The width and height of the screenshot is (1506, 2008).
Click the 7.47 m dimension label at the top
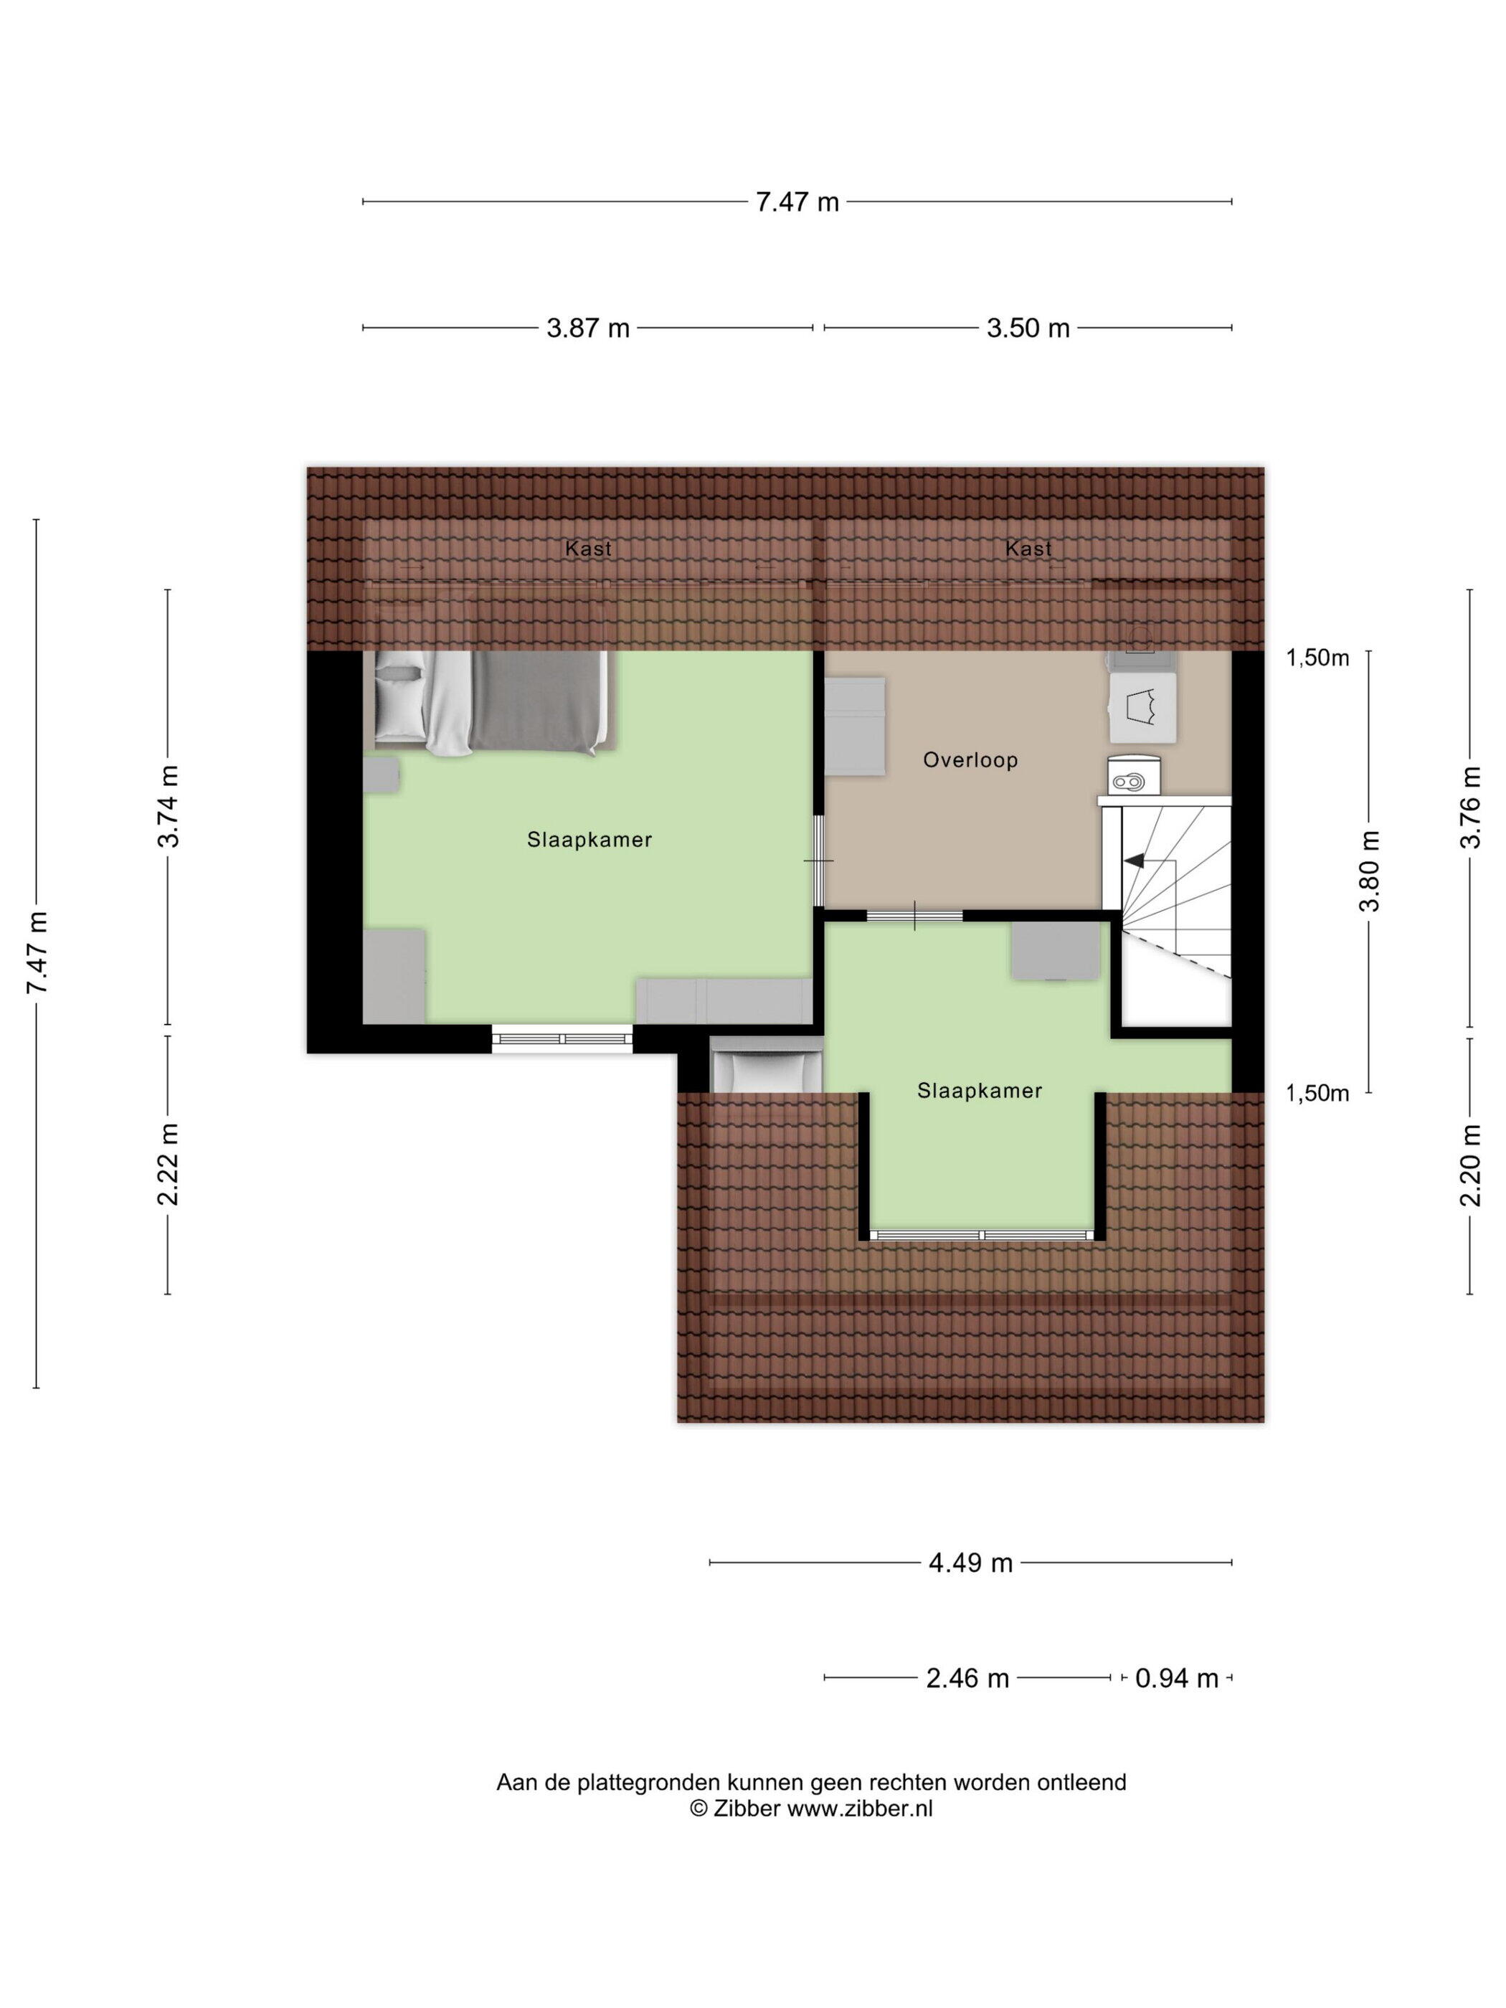pos(797,202)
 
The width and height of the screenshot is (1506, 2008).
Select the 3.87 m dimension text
pos(587,328)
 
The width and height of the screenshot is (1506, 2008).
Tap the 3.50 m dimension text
pos(1028,328)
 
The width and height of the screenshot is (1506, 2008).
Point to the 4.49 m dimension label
pos(970,1562)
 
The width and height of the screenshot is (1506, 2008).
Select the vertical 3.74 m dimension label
pos(169,806)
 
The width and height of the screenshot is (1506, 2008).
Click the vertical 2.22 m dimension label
pos(169,1164)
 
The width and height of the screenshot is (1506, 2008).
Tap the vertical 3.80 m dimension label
pos(1369,871)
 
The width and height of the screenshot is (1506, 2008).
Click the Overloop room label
pos(970,759)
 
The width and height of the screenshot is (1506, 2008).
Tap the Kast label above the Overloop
pos(1028,549)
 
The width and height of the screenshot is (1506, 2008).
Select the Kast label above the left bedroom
pos(588,549)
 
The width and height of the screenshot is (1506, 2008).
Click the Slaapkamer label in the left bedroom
pos(590,840)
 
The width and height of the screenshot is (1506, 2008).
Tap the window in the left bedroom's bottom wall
pos(562,1038)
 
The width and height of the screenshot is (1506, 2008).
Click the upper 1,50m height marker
pos(1317,658)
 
